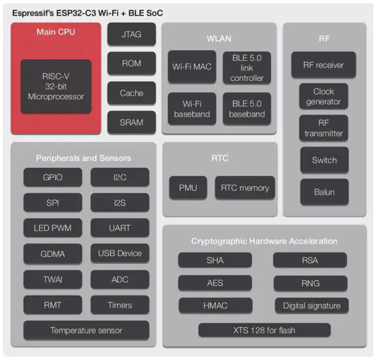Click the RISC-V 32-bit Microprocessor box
[56, 86]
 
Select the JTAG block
[131, 35]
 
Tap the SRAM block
[131, 122]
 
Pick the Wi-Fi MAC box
[192, 67]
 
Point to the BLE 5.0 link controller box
[247, 67]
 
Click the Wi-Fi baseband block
[192, 108]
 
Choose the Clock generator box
[324, 97]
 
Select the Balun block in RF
[324, 192]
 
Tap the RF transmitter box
[324, 128]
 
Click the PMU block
[188, 188]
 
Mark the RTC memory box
[245, 188]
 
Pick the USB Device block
[120, 253]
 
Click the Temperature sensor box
[86, 330]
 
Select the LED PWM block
[53, 228]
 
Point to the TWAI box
[53, 280]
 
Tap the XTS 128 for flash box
[264, 330]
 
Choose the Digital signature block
[312, 305]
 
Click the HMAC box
[215, 305]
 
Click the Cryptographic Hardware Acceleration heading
[264, 241]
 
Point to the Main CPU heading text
[56, 32]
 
